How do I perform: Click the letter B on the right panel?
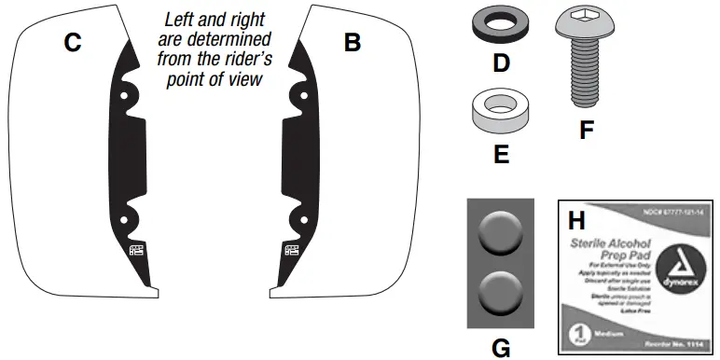352,42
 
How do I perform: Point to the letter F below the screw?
586,130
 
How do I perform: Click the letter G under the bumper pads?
501,347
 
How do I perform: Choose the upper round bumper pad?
501,232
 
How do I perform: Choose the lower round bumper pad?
501,294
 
